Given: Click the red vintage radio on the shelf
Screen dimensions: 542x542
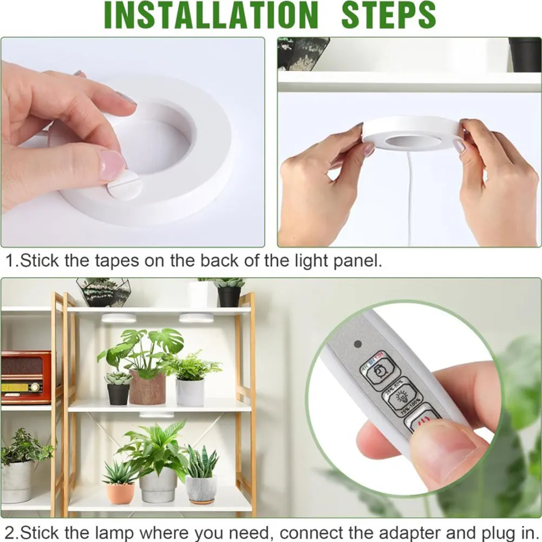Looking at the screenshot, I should click(x=25, y=377).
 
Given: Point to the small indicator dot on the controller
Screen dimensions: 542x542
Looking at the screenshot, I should click(x=357, y=344).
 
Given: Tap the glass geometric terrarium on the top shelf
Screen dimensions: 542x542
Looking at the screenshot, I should click(x=103, y=292).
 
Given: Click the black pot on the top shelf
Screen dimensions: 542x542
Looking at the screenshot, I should click(x=229, y=296).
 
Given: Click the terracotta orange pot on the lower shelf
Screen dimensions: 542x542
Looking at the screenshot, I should click(x=120, y=493).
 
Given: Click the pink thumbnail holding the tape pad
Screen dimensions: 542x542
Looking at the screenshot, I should click(x=112, y=165).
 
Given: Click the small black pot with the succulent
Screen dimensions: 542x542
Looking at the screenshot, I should click(x=118, y=394).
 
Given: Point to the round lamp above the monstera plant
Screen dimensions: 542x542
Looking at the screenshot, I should click(x=119, y=318).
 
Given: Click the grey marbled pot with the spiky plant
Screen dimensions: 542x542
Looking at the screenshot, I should click(x=201, y=488).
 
